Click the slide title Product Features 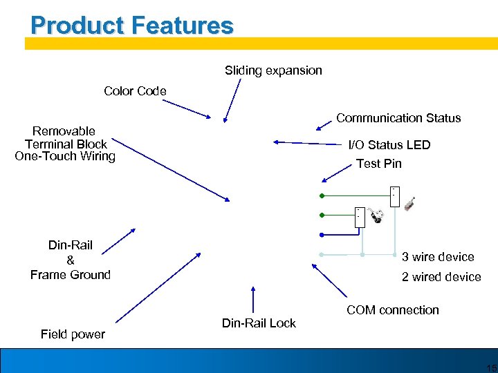click(132, 26)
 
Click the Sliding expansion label click(273, 70)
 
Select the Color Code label click(135, 91)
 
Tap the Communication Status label click(398, 118)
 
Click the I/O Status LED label click(389, 145)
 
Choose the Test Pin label click(378, 164)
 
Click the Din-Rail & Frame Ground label click(71, 260)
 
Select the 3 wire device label click(438, 257)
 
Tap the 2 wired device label click(441, 277)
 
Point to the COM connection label click(393, 310)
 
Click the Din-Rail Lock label click(259, 323)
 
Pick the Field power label click(73, 334)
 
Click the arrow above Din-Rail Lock click(254, 301)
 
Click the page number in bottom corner click(491, 367)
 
